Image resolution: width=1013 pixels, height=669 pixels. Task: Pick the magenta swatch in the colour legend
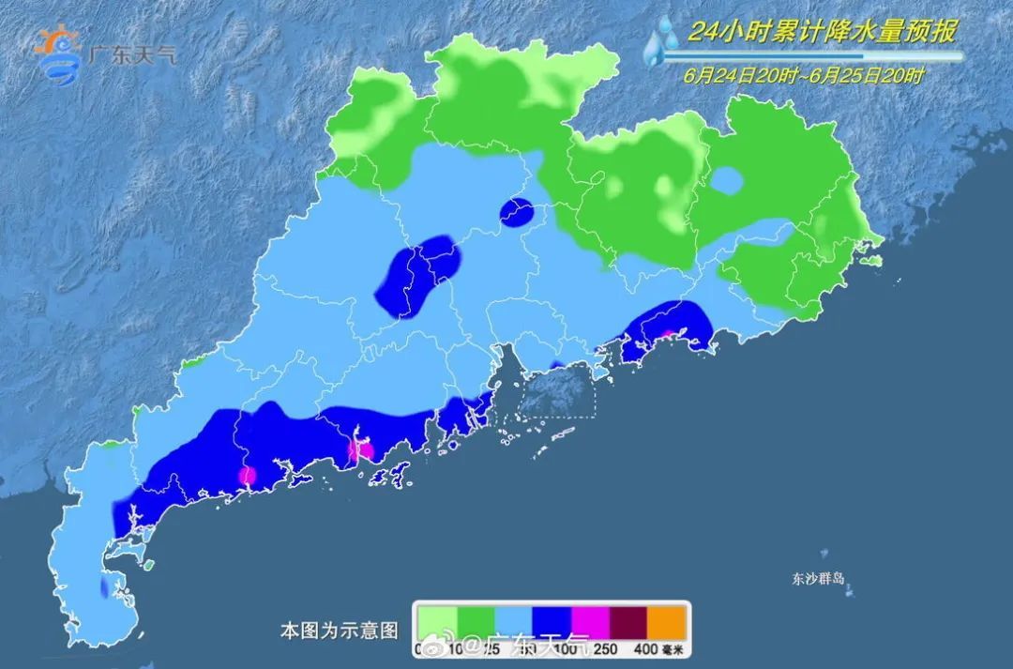coord(591,621)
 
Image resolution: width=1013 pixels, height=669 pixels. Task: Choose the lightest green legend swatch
coord(437,621)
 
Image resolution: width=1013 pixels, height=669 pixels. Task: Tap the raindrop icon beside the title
coord(662,42)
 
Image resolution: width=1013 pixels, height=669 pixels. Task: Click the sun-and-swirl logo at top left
coord(57,56)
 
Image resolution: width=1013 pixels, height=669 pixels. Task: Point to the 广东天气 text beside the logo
coord(130,54)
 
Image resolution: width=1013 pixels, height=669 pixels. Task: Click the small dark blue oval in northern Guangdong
coord(516,213)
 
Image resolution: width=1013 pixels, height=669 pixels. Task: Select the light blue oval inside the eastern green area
coord(726,179)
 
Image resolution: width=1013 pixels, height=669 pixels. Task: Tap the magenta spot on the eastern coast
coord(668,335)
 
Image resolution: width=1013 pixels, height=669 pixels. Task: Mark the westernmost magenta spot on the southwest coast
coord(247,476)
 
